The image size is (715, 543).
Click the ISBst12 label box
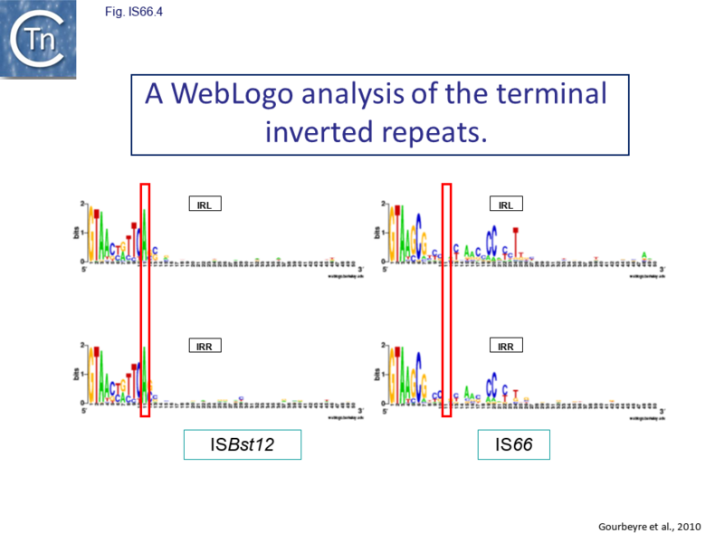pyautogui.click(x=242, y=445)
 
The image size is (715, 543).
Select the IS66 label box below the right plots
pyautogui.click(x=513, y=445)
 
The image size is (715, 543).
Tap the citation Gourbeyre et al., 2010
pyautogui.click(x=651, y=526)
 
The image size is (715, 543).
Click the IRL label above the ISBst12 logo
pyautogui.click(x=204, y=204)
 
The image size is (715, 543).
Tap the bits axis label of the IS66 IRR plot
pyautogui.click(x=376, y=374)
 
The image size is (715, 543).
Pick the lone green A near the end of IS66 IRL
pyautogui.click(x=643, y=254)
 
